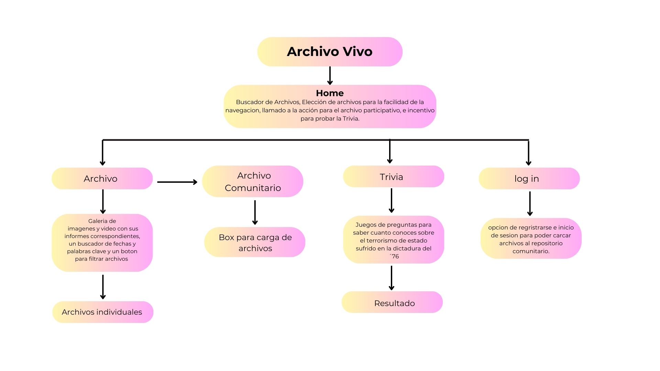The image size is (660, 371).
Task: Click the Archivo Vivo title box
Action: tap(330, 52)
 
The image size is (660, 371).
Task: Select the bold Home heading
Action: tap(330, 93)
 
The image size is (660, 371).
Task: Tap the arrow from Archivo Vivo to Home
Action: tap(330, 75)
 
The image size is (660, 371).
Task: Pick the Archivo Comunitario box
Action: tap(253, 181)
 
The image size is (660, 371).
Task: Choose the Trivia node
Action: tap(393, 177)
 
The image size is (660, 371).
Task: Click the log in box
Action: tap(529, 179)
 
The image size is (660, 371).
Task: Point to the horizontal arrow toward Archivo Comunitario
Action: tap(177, 182)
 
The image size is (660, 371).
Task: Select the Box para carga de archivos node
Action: tap(255, 243)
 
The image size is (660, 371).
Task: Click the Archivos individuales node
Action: tap(102, 312)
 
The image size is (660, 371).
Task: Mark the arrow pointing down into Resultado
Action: tap(391, 278)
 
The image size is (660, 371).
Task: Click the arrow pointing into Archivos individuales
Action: tap(102, 286)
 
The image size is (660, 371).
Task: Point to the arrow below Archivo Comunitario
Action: tap(255, 212)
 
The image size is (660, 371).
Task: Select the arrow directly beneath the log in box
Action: tap(530, 203)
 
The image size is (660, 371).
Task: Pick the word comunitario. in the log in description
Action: tap(531, 251)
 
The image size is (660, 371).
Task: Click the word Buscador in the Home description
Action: tap(250, 102)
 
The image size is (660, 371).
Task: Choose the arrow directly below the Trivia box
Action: tap(391, 200)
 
